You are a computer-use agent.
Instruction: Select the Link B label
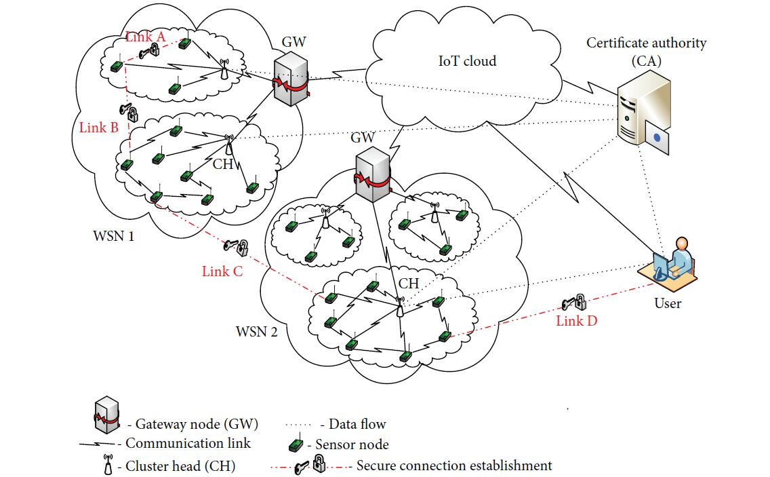[98, 127]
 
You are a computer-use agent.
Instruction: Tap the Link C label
[222, 271]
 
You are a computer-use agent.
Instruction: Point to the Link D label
[577, 321]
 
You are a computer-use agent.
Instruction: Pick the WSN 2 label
[257, 332]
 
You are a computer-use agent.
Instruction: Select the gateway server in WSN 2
[372, 174]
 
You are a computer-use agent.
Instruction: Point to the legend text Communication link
[188, 443]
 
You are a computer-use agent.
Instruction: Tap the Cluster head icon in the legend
[107, 465]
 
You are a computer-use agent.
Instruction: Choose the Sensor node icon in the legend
[296, 445]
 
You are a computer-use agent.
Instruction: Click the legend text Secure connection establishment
[453, 465]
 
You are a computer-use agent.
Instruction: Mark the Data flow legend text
[357, 425]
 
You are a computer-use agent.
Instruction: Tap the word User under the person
[668, 303]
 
